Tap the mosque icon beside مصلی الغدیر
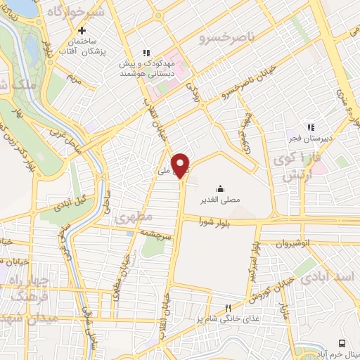tap(221, 188)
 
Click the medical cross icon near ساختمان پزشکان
tap(83, 30)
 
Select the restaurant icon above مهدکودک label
tap(147, 53)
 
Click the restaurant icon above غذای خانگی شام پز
tap(227, 308)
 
